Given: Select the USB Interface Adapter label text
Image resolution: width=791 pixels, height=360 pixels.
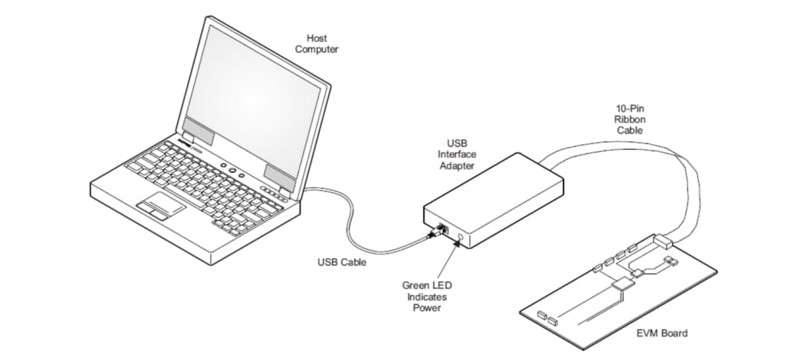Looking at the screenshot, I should tap(457, 154).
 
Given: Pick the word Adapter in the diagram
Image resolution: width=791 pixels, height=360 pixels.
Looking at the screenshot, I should tap(457, 165).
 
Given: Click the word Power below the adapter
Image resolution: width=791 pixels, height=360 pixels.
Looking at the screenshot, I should tap(427, 308).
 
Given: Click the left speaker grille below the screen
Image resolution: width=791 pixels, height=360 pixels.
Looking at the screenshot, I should tap(199, 131).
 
